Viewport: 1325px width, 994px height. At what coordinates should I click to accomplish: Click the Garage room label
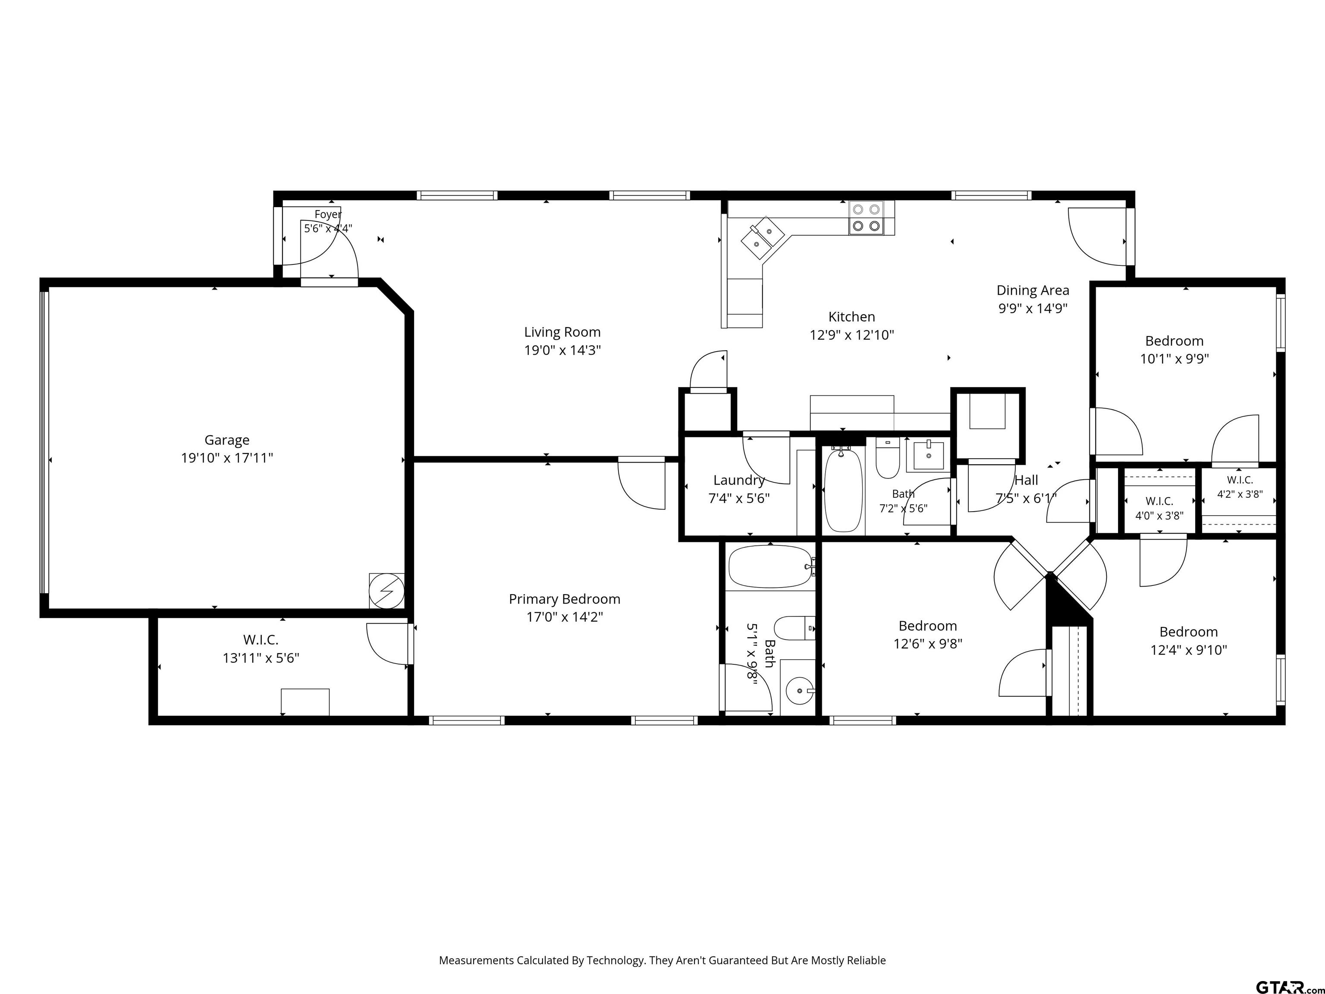(227, 440)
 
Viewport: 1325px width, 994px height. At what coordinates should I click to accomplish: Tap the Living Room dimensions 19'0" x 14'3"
(562, 350)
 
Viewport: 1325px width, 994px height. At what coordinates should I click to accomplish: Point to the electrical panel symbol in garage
(386, 591)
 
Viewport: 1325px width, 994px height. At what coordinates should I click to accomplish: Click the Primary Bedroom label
(564, 599)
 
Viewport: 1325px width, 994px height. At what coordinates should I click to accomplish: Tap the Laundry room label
(738, 481)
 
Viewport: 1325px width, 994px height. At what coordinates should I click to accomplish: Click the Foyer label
(328, 214)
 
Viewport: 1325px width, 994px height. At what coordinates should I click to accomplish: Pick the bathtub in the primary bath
(770, 566)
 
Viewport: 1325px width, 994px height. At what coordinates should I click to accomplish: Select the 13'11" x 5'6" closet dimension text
(261, 658)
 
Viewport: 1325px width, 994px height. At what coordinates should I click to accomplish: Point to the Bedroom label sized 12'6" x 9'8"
(928, 626)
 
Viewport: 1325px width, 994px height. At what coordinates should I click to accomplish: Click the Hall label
(1026, 481)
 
